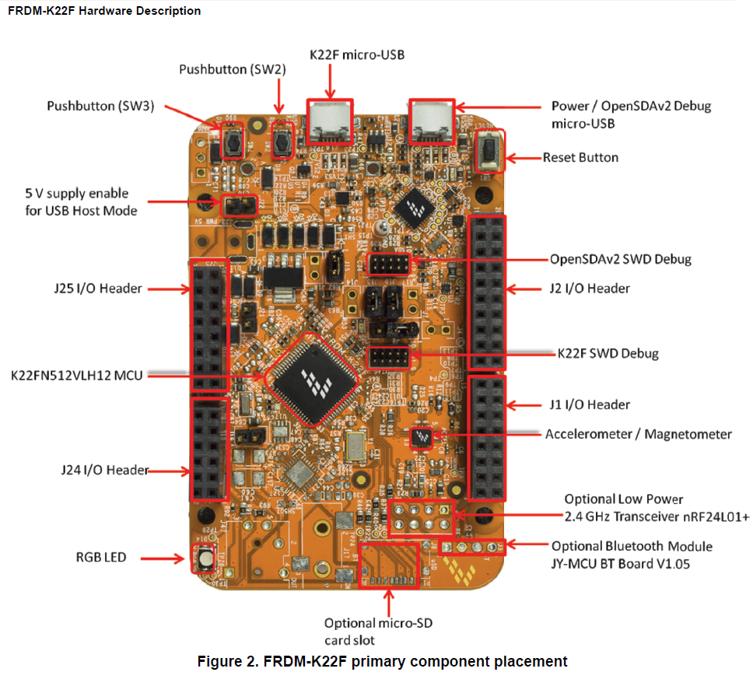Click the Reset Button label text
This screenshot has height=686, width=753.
point(580,157)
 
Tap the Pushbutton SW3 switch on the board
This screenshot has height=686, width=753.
point(230,141)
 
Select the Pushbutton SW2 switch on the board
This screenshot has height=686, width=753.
point(284,140)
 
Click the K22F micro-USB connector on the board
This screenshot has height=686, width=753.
point(329,121)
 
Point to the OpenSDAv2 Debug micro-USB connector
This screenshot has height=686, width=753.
point(432,121)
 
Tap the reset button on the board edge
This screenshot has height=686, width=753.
point(490,150)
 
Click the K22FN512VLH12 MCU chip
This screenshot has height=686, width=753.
point(313,380)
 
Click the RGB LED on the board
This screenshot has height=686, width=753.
point(205,558)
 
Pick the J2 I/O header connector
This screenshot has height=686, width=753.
point(487,287)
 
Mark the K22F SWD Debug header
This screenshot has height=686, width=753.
point(388,359)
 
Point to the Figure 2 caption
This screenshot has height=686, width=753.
point(382,662)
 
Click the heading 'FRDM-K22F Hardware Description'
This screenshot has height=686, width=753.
point(103,11)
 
